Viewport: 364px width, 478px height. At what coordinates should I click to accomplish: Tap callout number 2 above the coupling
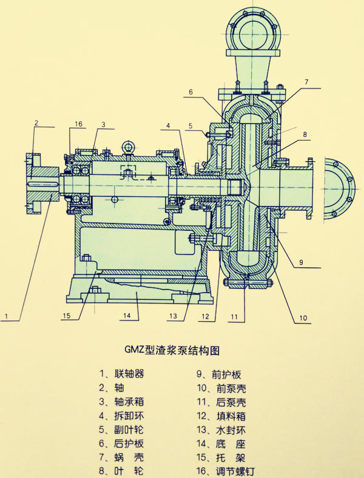coord(36,123)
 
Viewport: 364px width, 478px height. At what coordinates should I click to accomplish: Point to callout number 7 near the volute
coord(307,82)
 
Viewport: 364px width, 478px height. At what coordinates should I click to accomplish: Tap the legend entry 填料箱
coord(227,415)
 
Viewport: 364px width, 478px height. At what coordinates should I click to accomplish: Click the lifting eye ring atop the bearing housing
coord(129,147)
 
